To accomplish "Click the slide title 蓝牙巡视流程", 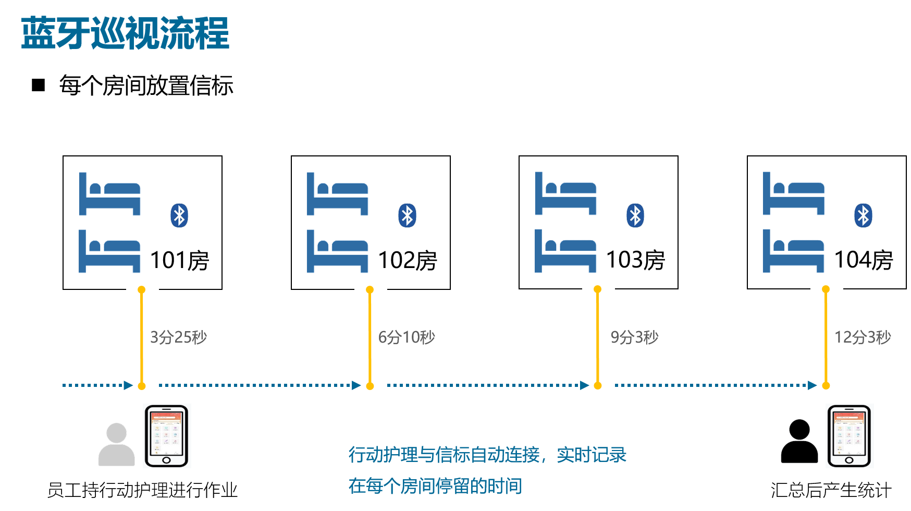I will tap(125, 33).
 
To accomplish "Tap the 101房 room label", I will tap(179, 260).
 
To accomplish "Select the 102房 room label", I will tap(408, 260).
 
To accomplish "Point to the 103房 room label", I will tap(635, 260).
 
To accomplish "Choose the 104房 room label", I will tap(864, 260).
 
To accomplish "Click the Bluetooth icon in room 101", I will tap(179, 215).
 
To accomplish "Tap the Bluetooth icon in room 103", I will tap(635, 215).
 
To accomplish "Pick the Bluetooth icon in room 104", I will tap(863, 215).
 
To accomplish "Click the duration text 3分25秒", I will tap(178, 337).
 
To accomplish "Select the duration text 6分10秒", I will tap(407, 337).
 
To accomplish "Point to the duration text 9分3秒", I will tap(634, 337).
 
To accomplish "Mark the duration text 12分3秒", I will tap(863, 337).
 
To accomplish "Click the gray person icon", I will tap(117, 444).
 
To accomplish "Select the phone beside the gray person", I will tap(167, 436).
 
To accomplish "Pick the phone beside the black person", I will tap(850, 436).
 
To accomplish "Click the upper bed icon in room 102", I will tap(337, 194).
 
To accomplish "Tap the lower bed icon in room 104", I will tap(793, 251).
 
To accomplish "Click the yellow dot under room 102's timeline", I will tap(370, 386).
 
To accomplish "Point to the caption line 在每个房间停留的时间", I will tap(435, 486).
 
